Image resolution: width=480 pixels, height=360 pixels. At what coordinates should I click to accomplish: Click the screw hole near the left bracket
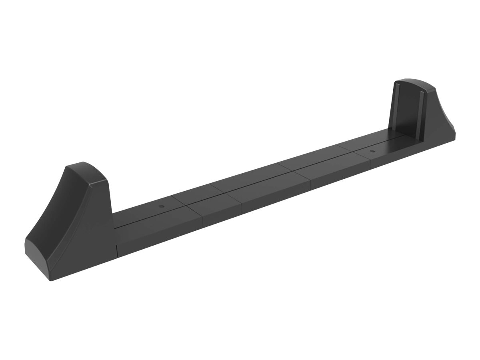click(x=161, y=206)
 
